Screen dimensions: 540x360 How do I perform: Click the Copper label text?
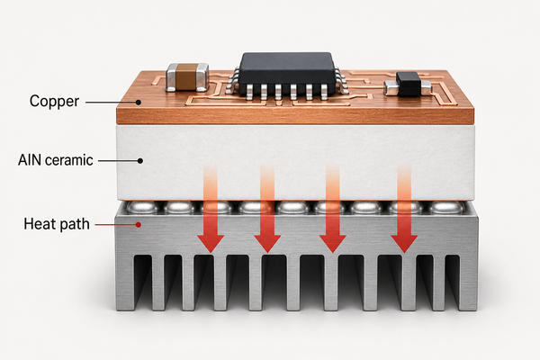tap(54, 102)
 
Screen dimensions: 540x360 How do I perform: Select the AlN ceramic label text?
tap(56, 160)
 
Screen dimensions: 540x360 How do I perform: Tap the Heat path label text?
tap(57, 224)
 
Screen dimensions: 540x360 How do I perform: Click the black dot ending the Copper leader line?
tap(138, 103)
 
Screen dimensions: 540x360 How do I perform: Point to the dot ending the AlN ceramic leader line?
tap(140, 160)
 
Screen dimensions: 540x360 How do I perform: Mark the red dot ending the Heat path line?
tap(138, 225)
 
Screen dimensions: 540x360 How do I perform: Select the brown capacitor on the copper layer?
tap(187, 77)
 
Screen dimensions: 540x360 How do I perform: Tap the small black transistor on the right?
tap(409, 83)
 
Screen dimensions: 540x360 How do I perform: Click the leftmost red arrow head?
tap(211, 244)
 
